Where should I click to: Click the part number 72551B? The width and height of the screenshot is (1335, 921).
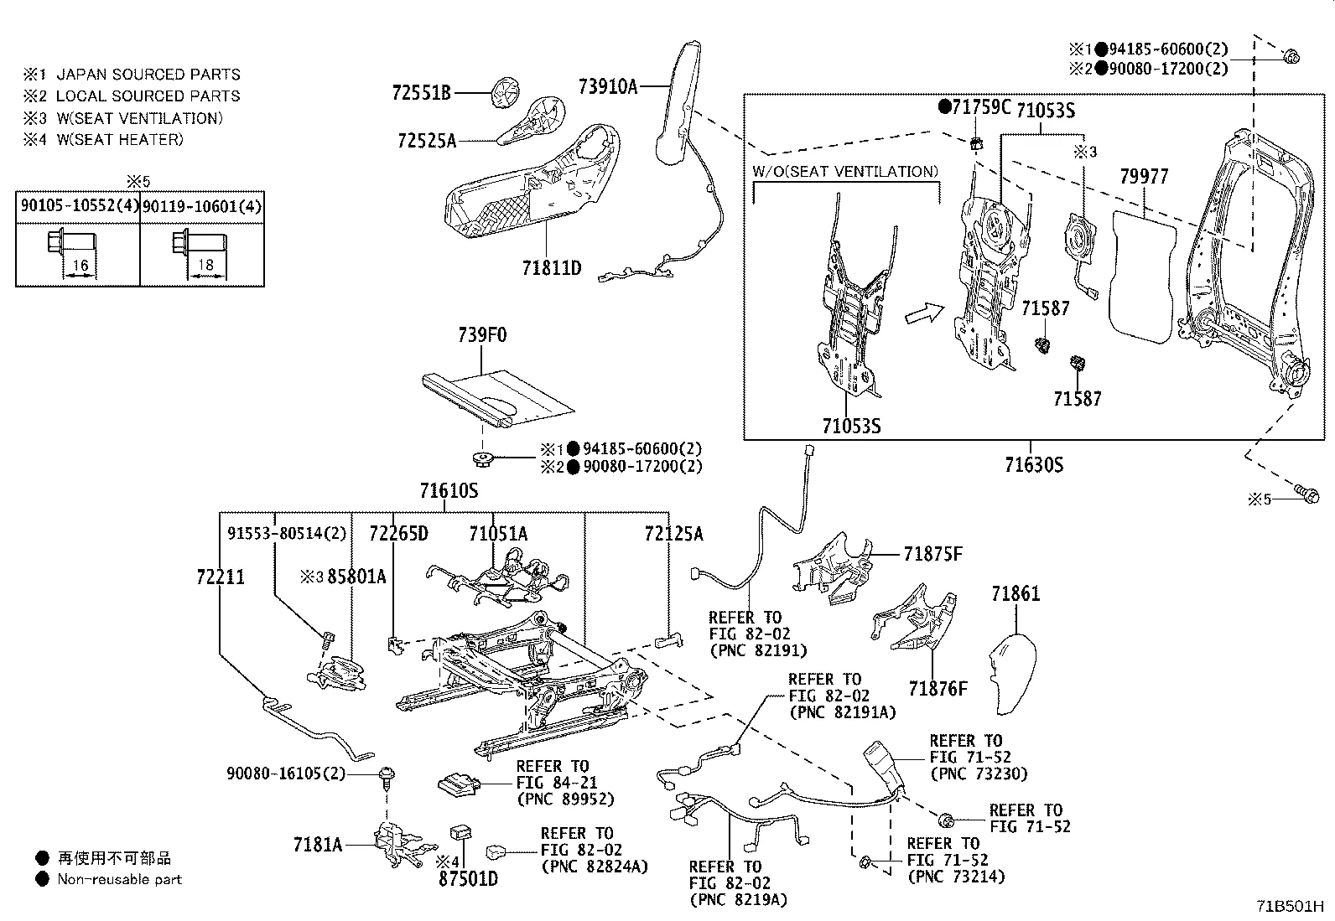421,92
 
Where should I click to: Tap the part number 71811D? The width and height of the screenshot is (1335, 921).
551,268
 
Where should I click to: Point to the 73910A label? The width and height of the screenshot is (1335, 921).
608,85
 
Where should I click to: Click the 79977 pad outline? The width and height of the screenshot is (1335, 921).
1140,277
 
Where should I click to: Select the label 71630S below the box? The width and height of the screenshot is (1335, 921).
1034,464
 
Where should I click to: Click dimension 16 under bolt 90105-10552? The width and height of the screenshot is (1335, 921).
80,266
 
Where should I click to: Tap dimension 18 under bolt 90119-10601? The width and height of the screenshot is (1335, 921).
205,266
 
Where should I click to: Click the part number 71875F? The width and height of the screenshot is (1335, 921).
933,554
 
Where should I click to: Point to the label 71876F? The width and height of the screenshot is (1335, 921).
938,689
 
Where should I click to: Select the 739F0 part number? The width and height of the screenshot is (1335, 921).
482,335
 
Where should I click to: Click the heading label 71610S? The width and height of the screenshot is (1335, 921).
449,490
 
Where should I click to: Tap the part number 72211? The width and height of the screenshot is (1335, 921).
221,577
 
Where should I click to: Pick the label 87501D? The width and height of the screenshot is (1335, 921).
468,878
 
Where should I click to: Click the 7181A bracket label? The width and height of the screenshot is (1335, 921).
318,844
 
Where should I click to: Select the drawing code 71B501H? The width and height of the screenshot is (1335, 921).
1290,907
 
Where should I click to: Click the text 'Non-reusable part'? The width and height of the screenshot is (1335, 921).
119,879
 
